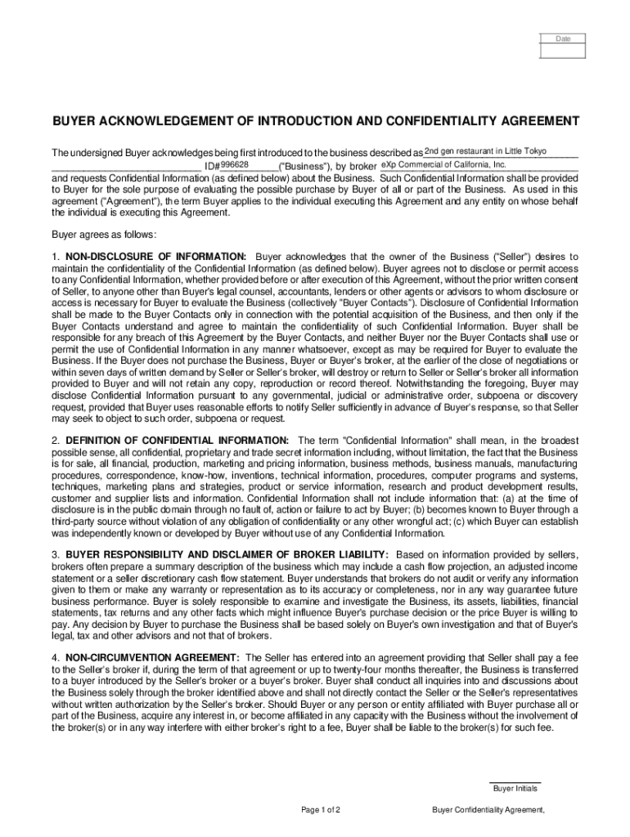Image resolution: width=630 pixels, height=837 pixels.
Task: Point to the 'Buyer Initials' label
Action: tap(515, 789)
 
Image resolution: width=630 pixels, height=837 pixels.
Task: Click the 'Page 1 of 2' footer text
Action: tap(321, 810)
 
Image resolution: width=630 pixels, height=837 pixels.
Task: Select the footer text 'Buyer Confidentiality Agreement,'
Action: tap(488, 810)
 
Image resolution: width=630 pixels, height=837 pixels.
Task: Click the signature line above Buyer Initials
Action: tap(515, 782)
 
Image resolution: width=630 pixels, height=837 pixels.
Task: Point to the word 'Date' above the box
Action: tap(564, 38)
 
